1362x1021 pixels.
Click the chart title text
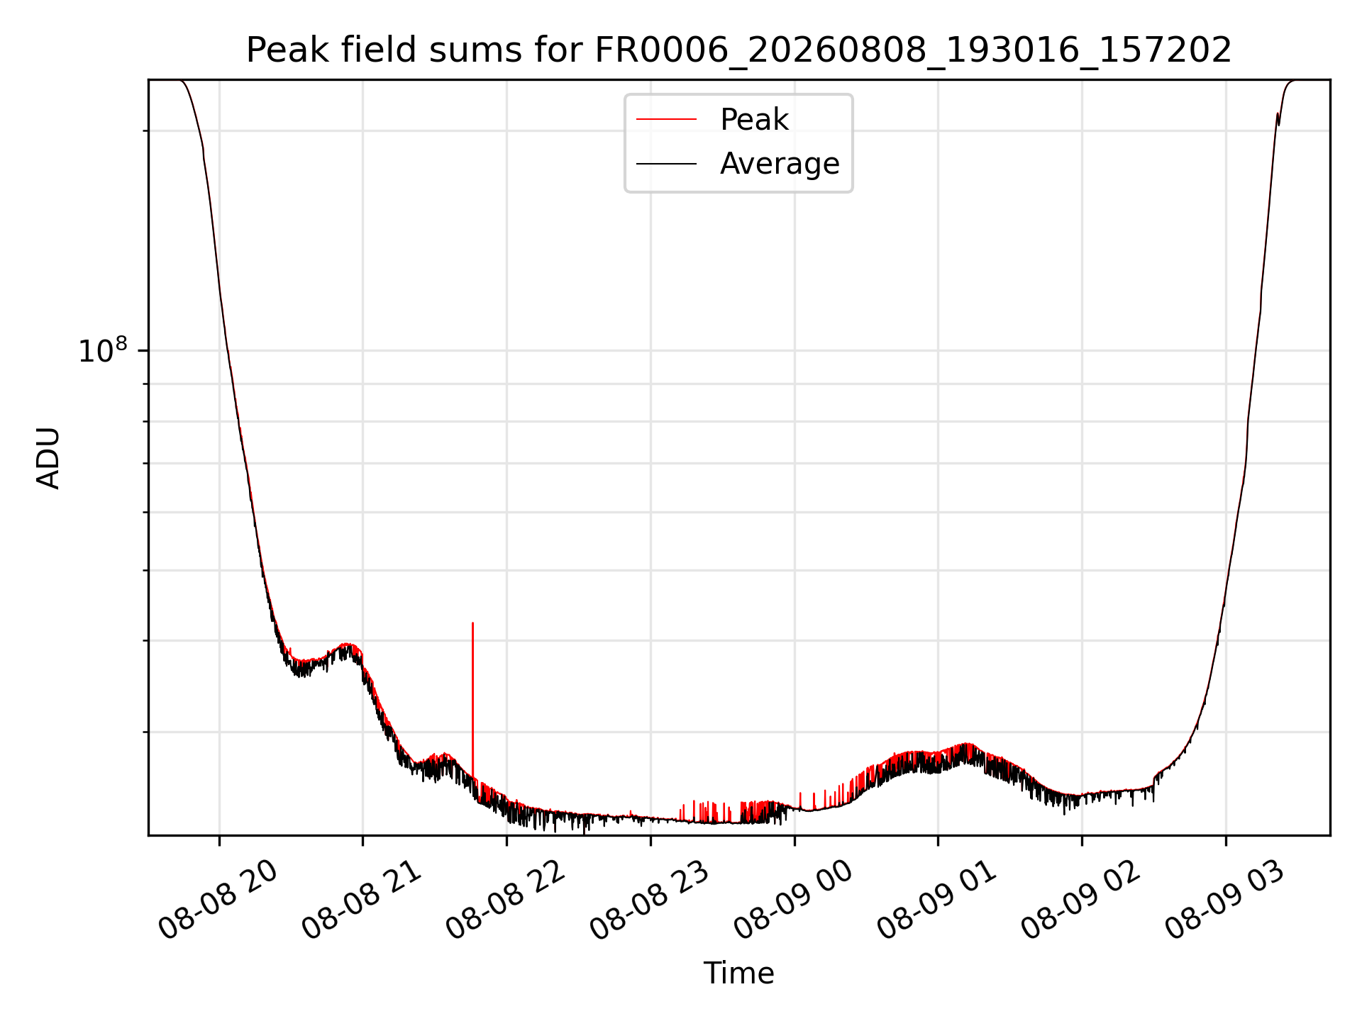coord(738,50)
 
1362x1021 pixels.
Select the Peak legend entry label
coord(754,119)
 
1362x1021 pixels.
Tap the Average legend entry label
coord(780,164)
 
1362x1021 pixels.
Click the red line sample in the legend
coord(666,119)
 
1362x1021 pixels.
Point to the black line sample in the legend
coord(666,164)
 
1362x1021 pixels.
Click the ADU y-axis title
coord(48,457)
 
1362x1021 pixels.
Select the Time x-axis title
coord(738,973)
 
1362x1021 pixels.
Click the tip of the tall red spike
coord(472,623)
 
